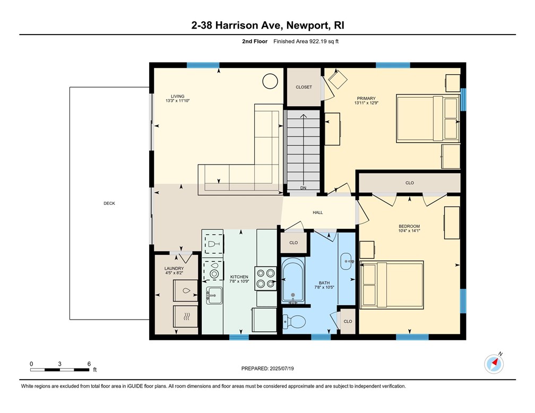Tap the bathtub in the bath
[293, 280]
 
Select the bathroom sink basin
[347, 262]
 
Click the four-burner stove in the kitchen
[266, 278]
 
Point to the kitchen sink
[214, 295]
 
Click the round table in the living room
[270, 81]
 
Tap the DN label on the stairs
[304, 188]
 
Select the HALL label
[317, 213]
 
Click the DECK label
[109, 203]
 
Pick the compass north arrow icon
[494, 364]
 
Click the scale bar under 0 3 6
[59, 370]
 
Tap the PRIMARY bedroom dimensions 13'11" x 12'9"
[366, 103]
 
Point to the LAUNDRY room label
[174, 269]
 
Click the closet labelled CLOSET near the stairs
[304, 87]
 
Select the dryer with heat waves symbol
[186, 317]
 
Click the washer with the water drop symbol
[186, 290]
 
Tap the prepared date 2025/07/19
[282, 368]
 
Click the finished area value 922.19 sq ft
[324, 41]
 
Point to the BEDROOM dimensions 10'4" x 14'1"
[409, 231]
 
